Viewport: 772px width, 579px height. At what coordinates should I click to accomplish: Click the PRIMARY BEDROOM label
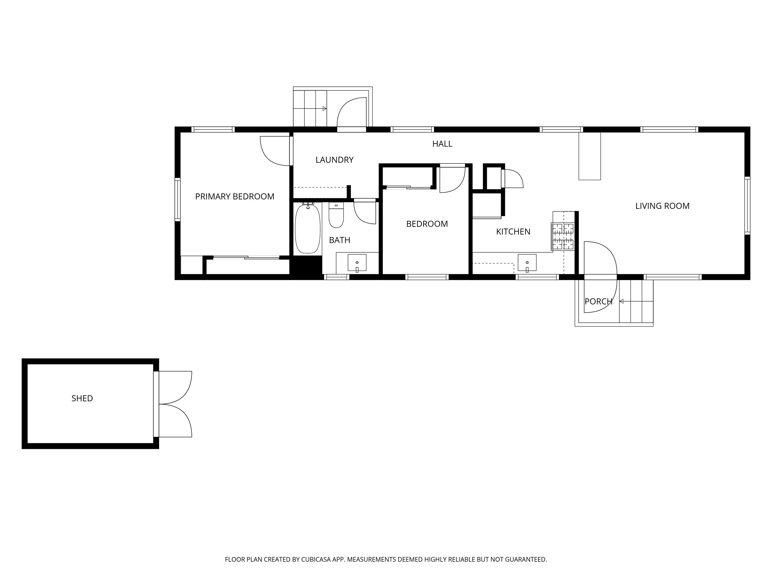[x=234, y=197]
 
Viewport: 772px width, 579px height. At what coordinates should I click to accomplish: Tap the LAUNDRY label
[x=334, y=160]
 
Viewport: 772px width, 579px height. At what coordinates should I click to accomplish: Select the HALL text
[x=442, y=144]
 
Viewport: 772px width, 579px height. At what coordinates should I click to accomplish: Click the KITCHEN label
[x=513, y=231]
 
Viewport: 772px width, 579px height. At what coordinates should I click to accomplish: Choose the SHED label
[x=82, y=398]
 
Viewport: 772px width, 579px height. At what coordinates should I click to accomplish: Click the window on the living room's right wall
[x=747, y=206]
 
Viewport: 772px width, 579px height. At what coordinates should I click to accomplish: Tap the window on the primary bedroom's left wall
[x=178, y=199]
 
